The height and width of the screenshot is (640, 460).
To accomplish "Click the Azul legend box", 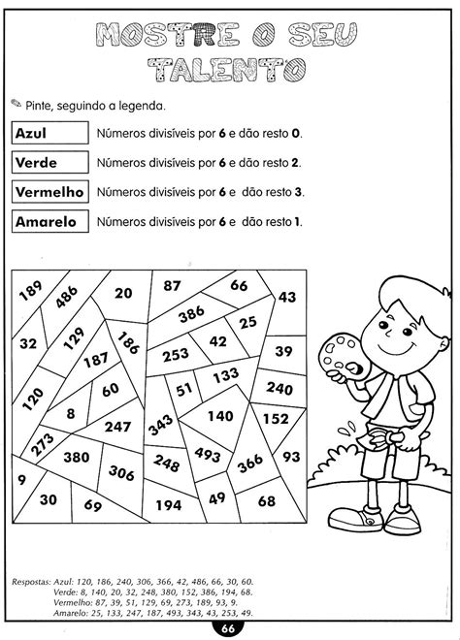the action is click(x=48, y=133).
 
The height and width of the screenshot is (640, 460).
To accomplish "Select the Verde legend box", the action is click(x=48, y=162).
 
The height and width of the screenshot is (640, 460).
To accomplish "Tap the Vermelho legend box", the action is click(x=48, y=191).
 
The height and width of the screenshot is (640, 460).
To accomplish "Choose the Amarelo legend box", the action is click(x=48, y=221).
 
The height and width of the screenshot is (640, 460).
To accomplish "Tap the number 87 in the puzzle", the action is click(x=172, y=285).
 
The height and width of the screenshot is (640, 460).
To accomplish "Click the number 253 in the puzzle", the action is click(x=175, y=355).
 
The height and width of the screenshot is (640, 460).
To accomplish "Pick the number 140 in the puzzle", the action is click(x=220, y=415).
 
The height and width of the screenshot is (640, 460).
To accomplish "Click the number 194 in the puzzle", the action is click(x=167, y=504).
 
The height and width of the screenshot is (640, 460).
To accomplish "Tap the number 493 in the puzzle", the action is click(x=209, y=452).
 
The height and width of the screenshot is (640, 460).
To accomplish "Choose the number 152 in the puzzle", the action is click(x=277, y=419).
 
